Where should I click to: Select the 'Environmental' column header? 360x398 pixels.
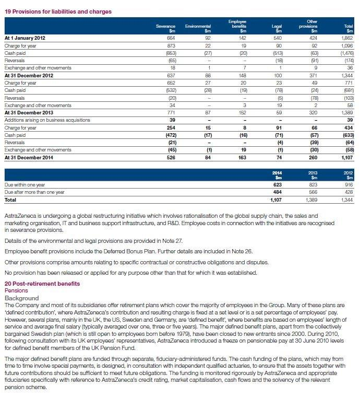coord(198,28)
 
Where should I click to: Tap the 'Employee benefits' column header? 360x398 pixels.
coord(237,26)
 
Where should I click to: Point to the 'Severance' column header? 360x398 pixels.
coord(165,28)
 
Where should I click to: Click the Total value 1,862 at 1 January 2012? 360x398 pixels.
coord(346,38)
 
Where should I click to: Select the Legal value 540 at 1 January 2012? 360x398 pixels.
coord(277,38)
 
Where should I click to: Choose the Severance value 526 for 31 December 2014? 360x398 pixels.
coord(170,157)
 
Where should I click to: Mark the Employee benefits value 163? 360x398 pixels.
coord(241,157)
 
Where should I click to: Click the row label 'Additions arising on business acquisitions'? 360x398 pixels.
coord(47,120)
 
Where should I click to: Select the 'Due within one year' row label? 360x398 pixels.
coord(26,184)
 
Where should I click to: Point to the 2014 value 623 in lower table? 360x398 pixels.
coord(278,184)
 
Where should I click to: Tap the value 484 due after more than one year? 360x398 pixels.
coord(278,192)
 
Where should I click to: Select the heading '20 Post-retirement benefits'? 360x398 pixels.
coord(42,284)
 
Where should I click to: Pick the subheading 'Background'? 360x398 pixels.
coord(21,298)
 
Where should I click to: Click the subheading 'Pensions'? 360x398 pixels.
coord(16,290)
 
